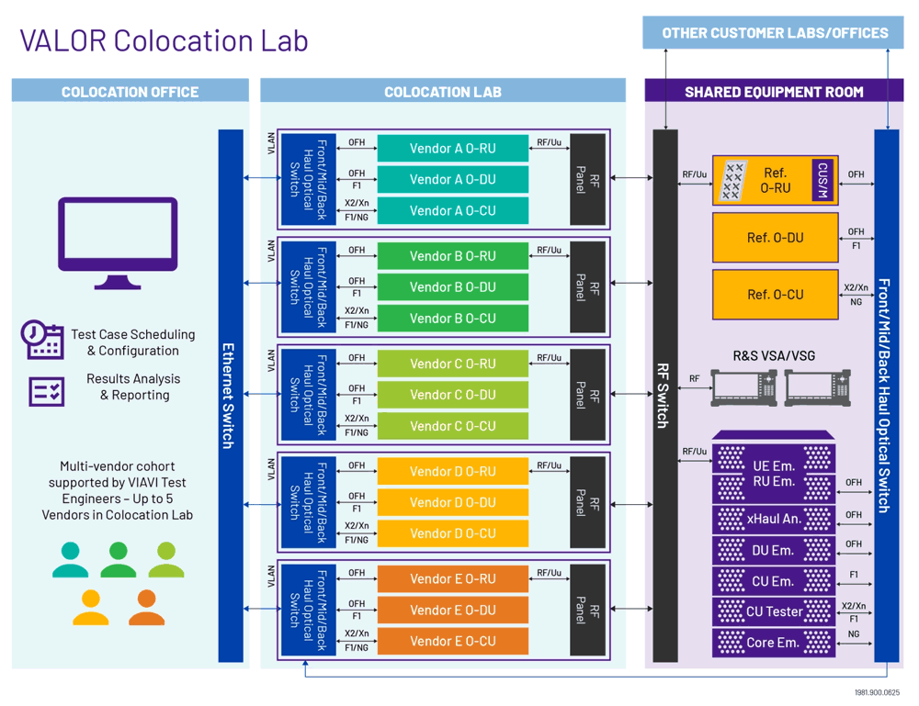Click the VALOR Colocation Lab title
(x=164, y=39)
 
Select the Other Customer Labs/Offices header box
(x=775, y=33)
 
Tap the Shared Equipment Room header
(x=774, y=91)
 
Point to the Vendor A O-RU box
(x=452, y=149)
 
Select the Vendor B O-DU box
(x=452, y=287)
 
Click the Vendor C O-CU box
(x=452, y=426)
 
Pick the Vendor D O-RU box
(x=452, y=471)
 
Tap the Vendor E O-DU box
(x=452, y=610)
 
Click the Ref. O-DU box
(x=775, y=238)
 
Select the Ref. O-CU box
(x=775, y=294)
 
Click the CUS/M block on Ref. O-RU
(x=823, y=180)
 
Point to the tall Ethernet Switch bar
(x=230, y=395)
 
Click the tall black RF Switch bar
(x=664, y=395)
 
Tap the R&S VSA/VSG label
(x=774, y=355)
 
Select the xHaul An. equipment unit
(x=774, y=519)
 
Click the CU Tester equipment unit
(x=774, y=611)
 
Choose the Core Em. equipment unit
(x=774, y=643)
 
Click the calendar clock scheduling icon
(x=41, y=340)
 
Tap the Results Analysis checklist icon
(x=46, y=391)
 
